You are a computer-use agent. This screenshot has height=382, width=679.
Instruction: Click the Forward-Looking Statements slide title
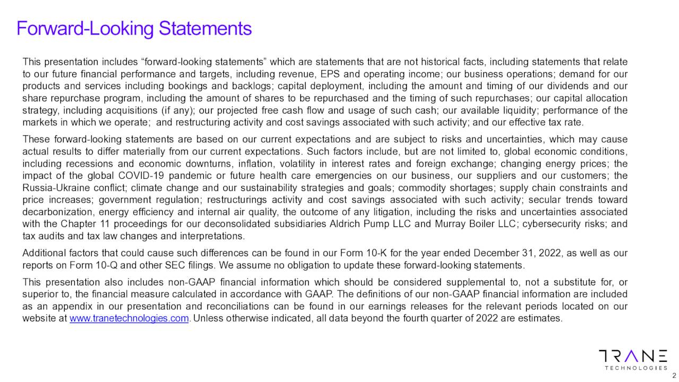(134, 28)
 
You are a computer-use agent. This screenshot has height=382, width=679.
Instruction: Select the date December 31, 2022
(509, 253)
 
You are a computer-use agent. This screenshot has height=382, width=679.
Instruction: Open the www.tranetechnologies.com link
(129, 318)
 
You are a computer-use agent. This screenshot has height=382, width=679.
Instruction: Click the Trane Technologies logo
(632, 359)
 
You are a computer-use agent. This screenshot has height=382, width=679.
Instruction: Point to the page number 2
(674, 376)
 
